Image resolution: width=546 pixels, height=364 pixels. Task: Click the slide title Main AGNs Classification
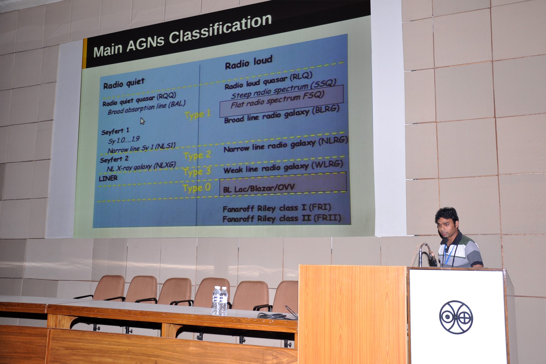click(182, 36)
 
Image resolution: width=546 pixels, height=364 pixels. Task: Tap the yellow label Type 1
click(197, 115)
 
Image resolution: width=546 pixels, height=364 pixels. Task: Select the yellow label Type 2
click(197, 156)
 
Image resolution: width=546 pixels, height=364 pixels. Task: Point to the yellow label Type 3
click(197, 172)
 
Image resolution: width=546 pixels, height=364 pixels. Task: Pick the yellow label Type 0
click(197, 188)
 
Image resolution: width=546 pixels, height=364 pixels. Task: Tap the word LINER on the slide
click(108, 178)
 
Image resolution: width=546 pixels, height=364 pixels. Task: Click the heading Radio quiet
click(124, 83)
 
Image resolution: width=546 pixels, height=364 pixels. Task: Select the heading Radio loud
click(248, 62)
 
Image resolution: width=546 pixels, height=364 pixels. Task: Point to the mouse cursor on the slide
click(142, 121)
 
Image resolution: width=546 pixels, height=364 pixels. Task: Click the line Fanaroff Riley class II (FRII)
click(282, 218)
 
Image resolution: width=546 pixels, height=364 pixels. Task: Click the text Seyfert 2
click(114, 160)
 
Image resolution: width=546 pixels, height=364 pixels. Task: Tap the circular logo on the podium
click(456, 317)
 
